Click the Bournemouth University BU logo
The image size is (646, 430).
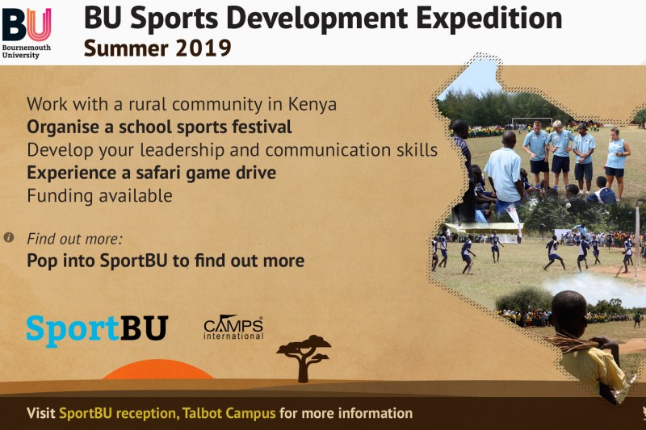[x=27, y=32]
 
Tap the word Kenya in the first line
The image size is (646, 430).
[x=313, y=104]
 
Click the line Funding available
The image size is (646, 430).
[x=99, y=195]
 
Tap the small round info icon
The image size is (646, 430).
[x=9, y=237]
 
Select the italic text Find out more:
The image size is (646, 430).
[x=74, y=239]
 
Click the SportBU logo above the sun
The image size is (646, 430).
[x=97, y=330]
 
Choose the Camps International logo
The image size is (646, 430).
[x=233, y=328]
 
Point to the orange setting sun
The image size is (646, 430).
[x=157, y=369]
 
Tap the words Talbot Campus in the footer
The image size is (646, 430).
[x=229, y=413]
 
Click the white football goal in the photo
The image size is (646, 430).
[x=532, y=122]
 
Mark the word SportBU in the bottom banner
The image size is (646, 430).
[x=86, y=413]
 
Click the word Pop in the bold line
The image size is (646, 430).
[x=42, y=261]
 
